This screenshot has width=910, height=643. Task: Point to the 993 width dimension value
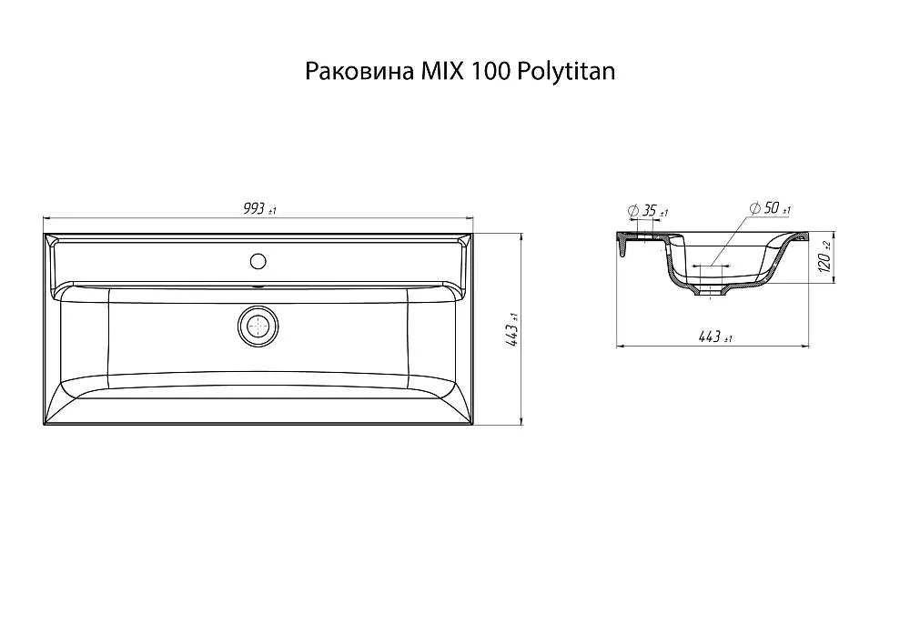click(x=254, y=209)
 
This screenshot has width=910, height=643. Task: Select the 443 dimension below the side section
click(x=710, y=337)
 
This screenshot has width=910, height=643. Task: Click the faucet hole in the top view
click(x=258, y=262)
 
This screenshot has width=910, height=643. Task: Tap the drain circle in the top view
click(x=258, y=326)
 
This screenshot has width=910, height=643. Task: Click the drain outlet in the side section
click(x=711, y=294)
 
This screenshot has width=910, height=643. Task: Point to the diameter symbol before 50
click(x=754, y=209)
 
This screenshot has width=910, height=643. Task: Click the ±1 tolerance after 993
click(x=271, y=212)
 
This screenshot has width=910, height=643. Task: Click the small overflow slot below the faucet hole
click(x=258, y=284)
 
